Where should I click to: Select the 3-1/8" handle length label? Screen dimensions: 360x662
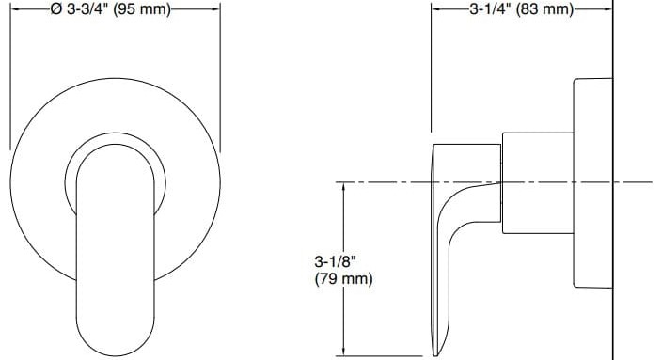pos(334,260)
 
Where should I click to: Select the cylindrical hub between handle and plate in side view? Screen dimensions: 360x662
pos(536,183)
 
